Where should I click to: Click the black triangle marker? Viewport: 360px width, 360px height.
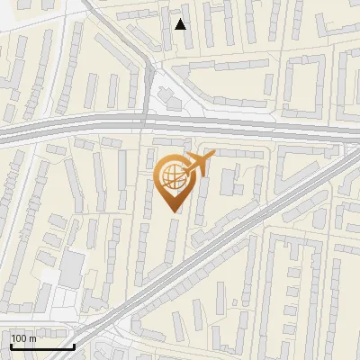coord(181,24)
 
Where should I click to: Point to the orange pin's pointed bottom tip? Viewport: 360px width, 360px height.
coord(175,211)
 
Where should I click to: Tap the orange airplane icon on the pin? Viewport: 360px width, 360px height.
coord(201,164)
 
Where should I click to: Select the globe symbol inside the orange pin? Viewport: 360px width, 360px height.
coord(173,176)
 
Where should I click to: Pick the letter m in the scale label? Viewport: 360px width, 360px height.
coord(33,338)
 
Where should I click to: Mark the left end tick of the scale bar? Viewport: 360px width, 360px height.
coord(10,345)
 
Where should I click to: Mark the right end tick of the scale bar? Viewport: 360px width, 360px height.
coord(74,345)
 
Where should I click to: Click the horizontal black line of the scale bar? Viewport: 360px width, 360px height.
coord(41,346)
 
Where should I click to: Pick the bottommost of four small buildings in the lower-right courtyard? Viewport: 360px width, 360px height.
coord(290,329)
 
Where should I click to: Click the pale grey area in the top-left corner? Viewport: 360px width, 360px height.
coord(18,18)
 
